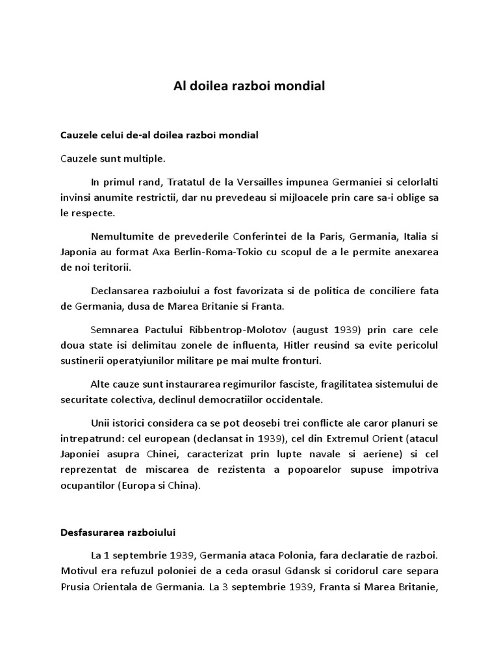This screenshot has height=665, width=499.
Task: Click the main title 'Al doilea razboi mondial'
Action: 249,86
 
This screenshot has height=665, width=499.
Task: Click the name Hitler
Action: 252,344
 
